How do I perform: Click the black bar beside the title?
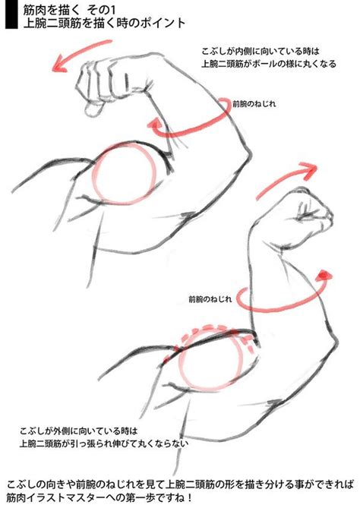click(8, 15)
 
